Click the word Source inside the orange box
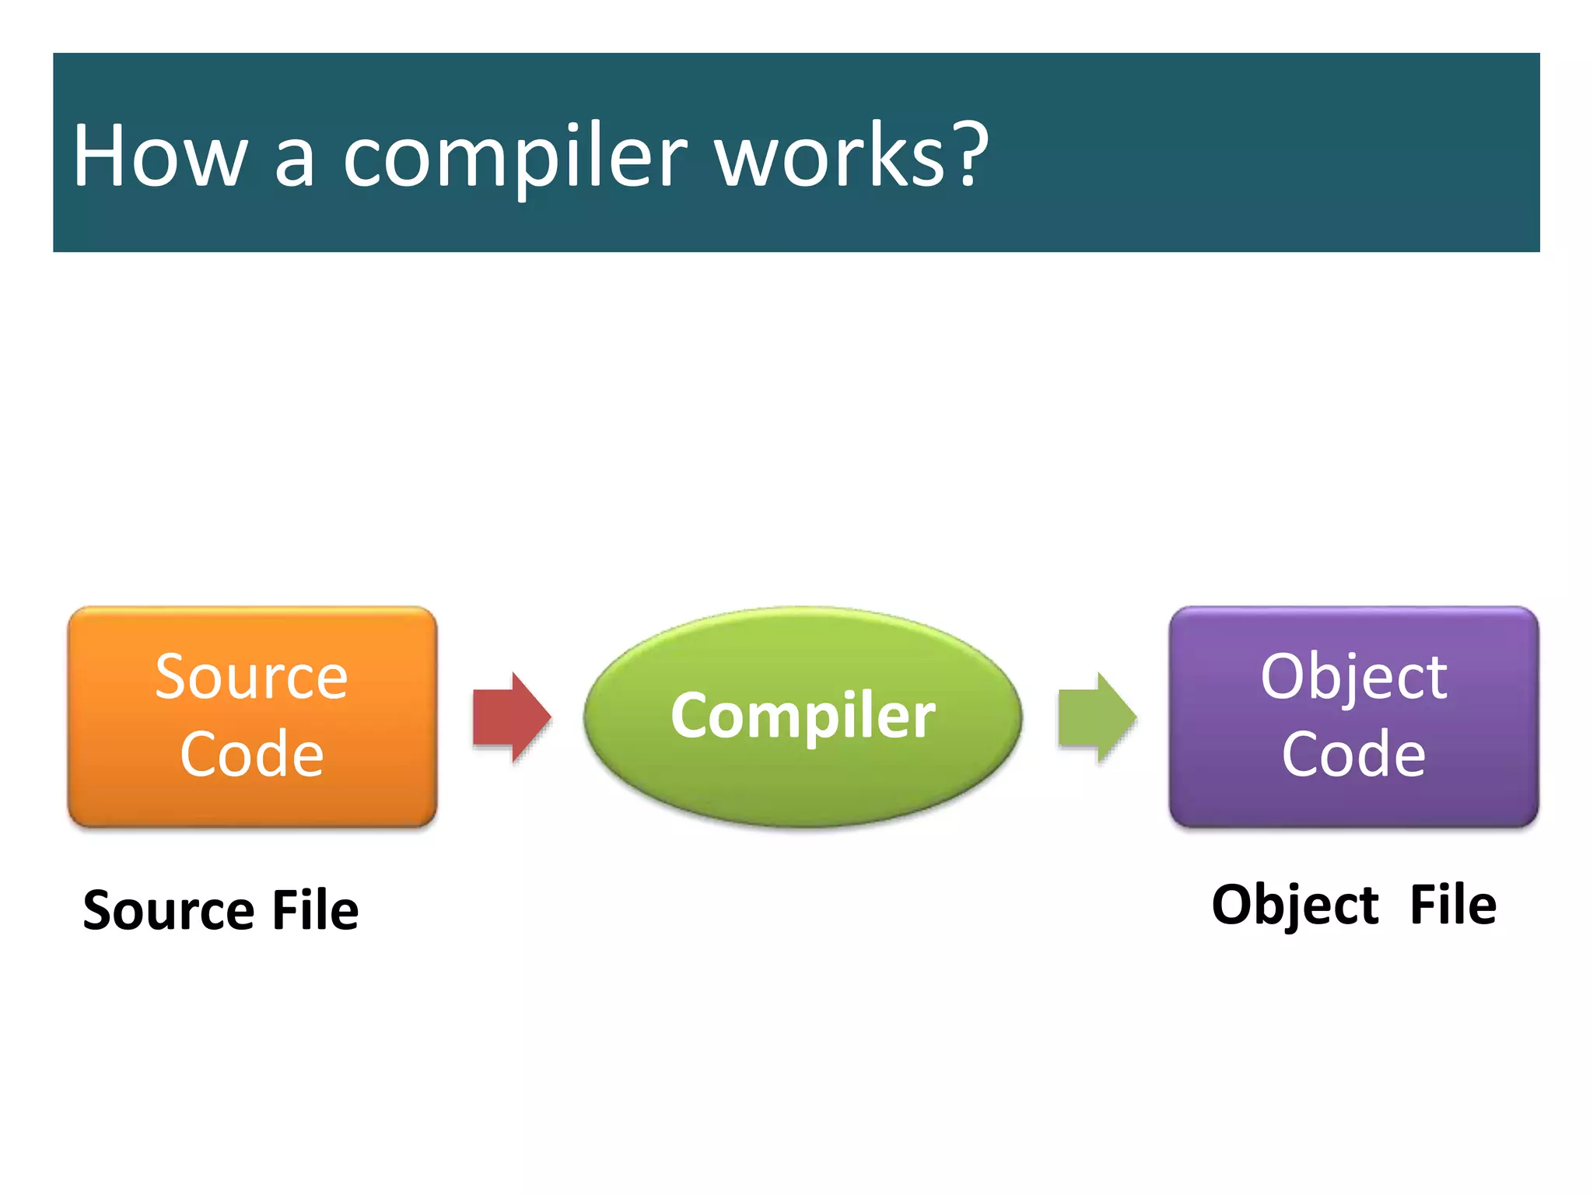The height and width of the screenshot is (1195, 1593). [251, 677]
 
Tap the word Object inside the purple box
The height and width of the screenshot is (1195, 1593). [1353, 677]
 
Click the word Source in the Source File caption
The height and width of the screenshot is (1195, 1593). [168, 909]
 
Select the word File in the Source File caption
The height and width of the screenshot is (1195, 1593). [315, 909]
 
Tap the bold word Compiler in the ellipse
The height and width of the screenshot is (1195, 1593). [803, 716]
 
